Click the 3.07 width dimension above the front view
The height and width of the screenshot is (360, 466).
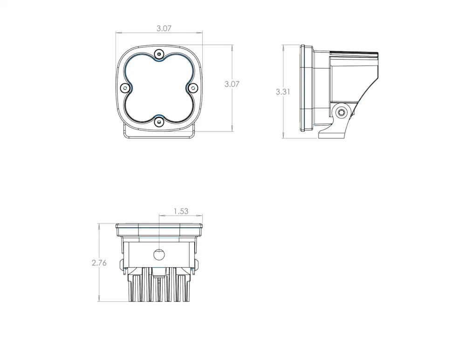(164, 28)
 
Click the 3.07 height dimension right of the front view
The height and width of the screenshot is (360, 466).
(232, 84)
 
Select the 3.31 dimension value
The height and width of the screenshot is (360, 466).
(283, 92)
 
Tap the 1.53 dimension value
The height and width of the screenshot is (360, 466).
(181, 211)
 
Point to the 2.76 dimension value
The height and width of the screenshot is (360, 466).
(99, 263)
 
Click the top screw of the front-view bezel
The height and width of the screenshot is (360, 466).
(159, 54)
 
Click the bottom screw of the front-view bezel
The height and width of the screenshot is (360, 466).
(159, 122)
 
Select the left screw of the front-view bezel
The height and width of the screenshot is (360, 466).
(125, 88)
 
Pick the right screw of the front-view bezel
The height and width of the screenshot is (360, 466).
(193, 88)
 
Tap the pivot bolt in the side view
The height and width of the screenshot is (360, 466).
(342, 112)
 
